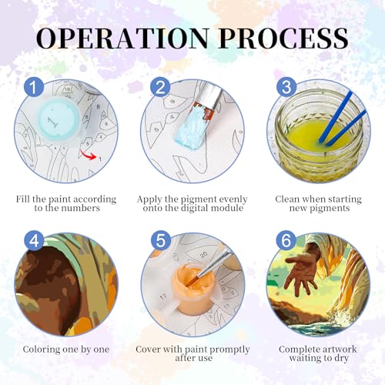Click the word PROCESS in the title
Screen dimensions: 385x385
[x=284, y=38]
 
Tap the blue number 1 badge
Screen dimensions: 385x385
[x=34, y=87]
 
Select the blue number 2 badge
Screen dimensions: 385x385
[x=160, y=87]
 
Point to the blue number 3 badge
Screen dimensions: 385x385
[x=286, y=87]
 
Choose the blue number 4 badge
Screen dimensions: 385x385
[x=34, y=240]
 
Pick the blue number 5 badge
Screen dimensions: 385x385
[x=161, y=240]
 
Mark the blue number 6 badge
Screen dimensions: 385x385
[x=286, y=240]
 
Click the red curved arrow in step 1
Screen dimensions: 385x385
[x=88, y=155]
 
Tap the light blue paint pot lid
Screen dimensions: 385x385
[x=59, y=120]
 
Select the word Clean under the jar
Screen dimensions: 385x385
[x=287, y=199]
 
